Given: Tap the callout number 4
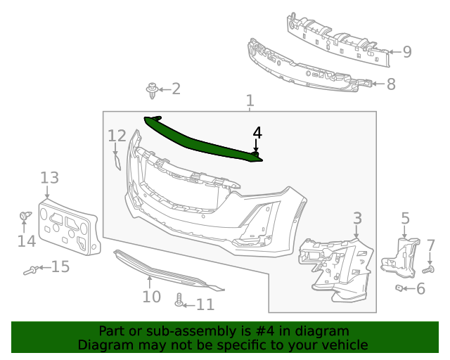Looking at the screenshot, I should (x=257, y=132).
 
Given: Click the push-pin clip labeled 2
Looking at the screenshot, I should (x=151, y=89).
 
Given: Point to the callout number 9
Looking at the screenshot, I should (x=406, y=51).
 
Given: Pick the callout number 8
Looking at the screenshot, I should (x=391, y=84).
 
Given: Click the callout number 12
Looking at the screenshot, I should (x=117, y=135).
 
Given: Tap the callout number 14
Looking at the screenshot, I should (x=26, y=241).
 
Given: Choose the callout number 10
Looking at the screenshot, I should (x=151, y=296).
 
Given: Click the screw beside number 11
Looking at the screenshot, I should (x=179, y=300).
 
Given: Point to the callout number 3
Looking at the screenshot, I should (x=357, y=218).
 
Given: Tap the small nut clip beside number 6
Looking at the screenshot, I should (x=398, y=288).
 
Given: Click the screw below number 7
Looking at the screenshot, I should (x=430, y=269).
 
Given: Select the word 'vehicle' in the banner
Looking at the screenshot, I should (x=343, y=345).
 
